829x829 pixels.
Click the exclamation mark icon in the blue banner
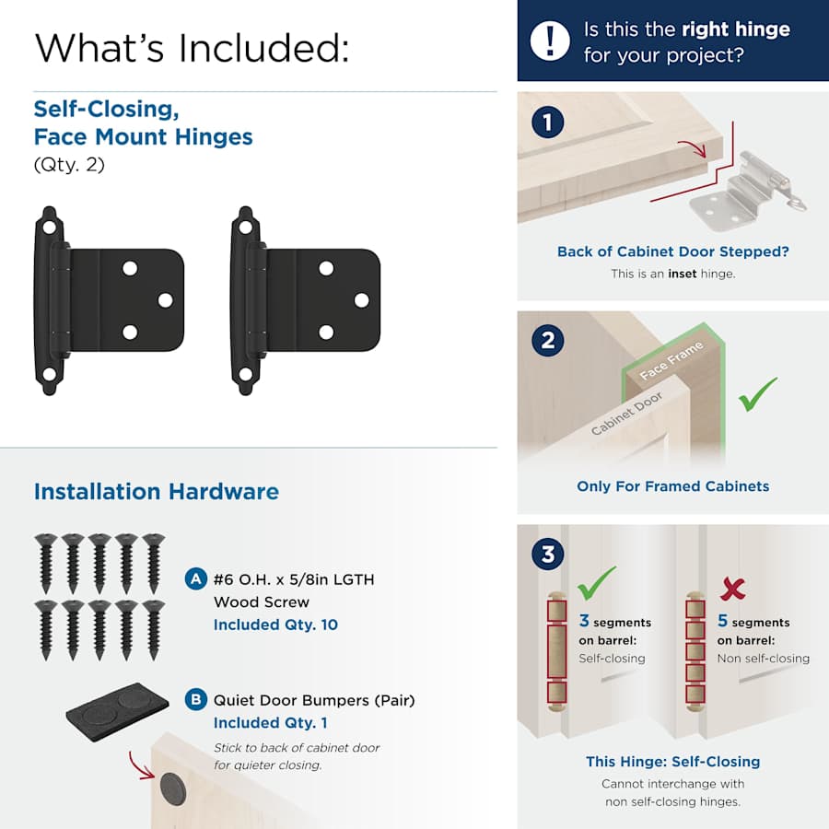click(550, 41)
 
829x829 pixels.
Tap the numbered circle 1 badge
click(548, 123)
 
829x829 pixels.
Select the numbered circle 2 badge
click(548, 341)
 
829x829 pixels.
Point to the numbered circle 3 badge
click(548, 555)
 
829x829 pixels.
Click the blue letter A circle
click(195, 579)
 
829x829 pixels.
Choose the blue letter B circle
click(195, 699)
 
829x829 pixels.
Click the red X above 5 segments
click(732, 589)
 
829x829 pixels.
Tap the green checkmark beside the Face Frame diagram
click(757, 394)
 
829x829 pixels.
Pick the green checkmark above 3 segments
click(596, 583)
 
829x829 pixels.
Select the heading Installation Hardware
click(157, 492)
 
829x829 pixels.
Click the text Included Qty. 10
click(275, 625)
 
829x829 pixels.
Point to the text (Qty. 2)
click(69, 165)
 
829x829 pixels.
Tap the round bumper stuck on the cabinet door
click(173, 790)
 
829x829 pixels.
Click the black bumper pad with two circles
click(117, 712)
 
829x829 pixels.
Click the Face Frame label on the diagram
click(671, 360)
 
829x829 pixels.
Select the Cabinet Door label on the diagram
click(626, 414)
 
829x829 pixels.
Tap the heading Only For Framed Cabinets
click(672, 486)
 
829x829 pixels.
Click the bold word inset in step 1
click(682, 274)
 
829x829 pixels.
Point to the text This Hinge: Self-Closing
click(672, 762)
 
